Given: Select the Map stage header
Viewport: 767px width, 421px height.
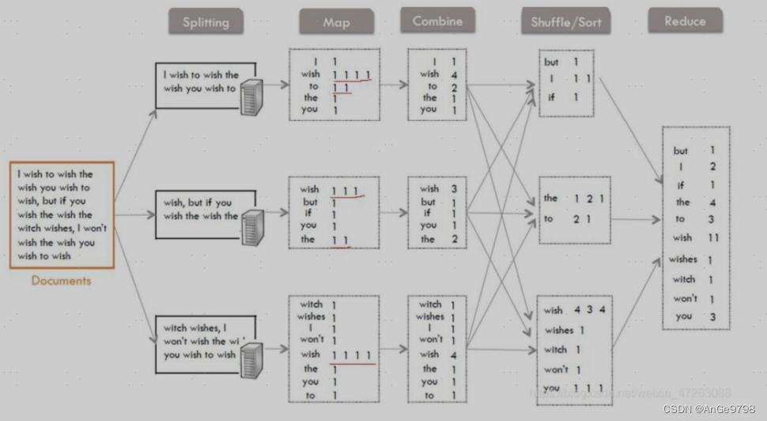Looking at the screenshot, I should pyautogui.click(x=336, y=22).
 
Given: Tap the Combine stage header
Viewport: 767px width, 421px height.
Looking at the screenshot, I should pyautogui.click(x=437, y=21).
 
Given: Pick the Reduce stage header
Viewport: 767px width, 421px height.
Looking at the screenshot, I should pyautogui.click(x=685, y=21).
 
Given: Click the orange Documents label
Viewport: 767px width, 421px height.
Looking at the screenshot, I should pyautogui.click(x=61, y=280).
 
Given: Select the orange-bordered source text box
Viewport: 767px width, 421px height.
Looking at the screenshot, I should pyautogui.click(x=62, y=214).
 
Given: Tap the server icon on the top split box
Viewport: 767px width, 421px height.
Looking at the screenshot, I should pyautogui.click(x=251, y=97).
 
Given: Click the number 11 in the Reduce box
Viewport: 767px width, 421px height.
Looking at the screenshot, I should pyautogui.click(x=713, y=237).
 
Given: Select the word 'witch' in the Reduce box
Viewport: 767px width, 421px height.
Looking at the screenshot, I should pyautogui.click(x=683, y=279).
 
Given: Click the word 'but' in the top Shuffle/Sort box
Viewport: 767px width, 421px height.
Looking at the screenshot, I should pyautogui.click(x=551, y=62).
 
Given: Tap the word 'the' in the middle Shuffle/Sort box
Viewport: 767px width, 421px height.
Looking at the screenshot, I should pyautogui.click(x=550, y=198).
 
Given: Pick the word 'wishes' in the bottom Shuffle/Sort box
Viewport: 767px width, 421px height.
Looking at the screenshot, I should pyautogui.click(x=559, y=330).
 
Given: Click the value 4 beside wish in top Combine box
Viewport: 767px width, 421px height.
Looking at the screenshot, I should pyautogui.click(x=454, y=74).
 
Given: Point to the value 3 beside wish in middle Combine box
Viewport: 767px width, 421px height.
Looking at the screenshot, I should pyautogui.click(x=453, y=189).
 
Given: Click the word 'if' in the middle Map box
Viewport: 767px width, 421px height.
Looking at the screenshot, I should pyautogui.click(x=309, y=213).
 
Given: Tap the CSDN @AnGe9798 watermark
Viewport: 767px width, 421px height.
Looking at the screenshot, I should pyautogui.click(x=708, y=408).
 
